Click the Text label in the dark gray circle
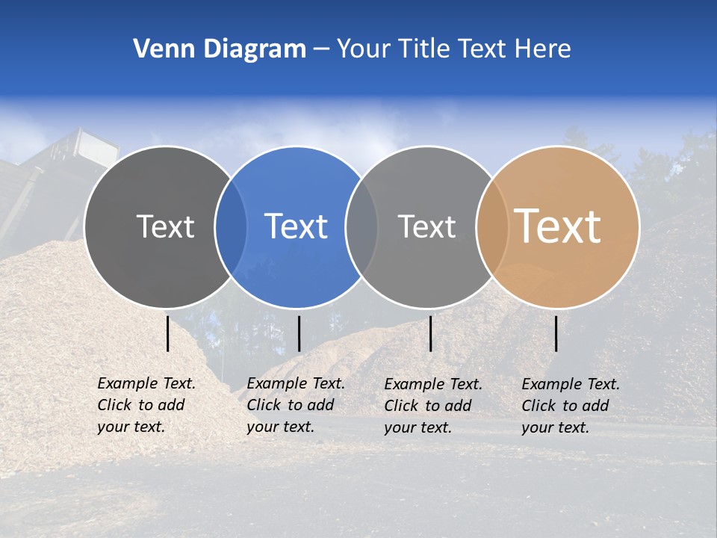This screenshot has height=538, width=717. tap(165, 226)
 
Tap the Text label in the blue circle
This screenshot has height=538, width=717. tap(296, 226)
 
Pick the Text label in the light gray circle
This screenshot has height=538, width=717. tap(426, 226)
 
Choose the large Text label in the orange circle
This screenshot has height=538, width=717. tap(558, 226)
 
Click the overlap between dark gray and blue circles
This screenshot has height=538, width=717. tap(231, 227)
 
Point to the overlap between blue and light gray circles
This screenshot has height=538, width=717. tap(361, 227)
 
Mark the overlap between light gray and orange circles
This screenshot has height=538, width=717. tap(491, 227)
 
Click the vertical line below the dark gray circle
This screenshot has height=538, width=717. tap(168, 334)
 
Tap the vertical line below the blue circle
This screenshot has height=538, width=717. tap(299, 334)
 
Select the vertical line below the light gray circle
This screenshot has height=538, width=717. tap(431, 334)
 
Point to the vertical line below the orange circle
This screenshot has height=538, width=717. tap(556, 334)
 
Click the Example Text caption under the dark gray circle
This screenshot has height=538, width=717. tap(146, 405)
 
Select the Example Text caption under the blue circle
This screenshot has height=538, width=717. tap(295, 405)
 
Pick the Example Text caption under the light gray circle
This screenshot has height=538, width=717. tap(432, 406)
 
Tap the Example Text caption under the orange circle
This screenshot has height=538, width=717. tap(570, 406)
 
